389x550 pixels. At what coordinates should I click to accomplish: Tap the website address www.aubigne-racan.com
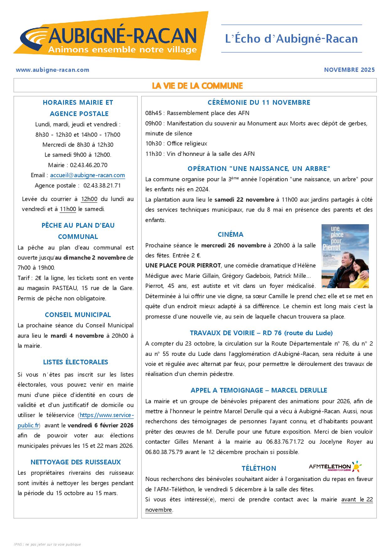tap(52, 70)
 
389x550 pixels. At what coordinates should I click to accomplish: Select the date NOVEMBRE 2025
tap(349, 70)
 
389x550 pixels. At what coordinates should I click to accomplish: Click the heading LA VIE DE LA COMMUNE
tap(197, 86)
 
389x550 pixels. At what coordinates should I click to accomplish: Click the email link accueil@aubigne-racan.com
tap(88, 175)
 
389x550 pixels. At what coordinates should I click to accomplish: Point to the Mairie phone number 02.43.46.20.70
tap(88, 165)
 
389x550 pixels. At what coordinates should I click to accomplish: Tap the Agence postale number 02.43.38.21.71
tap(102, 185)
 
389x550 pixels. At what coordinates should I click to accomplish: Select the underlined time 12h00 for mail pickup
tap(89, 199)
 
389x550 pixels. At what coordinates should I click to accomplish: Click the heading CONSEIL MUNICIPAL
tap(78, 315)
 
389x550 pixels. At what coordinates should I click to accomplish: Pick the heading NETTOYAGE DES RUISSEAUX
tap(76, 462)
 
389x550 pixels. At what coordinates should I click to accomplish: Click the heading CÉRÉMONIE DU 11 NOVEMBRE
tap(259, 103)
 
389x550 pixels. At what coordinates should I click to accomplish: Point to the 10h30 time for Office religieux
tap(153, 144)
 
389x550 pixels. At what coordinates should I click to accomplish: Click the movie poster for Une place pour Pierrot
tap(345, 256)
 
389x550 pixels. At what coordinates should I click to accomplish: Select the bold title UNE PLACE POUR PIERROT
tap(183, 266)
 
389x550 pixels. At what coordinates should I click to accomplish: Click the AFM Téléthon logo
tap(335, 467)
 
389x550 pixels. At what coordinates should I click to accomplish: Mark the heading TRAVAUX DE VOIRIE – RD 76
tap(261, 333)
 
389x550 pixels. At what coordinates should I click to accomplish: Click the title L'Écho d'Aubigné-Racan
tap(291, 39)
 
